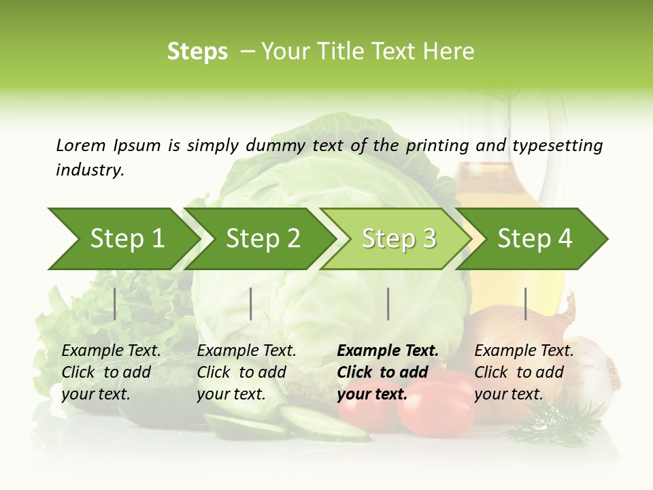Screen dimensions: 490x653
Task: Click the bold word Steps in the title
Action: [197, 51]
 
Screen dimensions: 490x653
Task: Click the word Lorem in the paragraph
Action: [81, 145]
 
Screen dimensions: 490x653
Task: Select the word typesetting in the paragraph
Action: [557, 146]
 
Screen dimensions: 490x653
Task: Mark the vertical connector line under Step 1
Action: [115, 304]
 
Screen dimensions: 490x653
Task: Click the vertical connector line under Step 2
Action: [251, 304]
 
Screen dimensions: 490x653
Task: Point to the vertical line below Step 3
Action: [388, 304]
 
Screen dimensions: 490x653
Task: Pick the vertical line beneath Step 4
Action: [526, 304]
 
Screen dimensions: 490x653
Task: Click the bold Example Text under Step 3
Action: [388, 350]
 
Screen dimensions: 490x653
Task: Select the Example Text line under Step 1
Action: [111, 350]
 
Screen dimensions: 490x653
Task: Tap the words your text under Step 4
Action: [509, 394]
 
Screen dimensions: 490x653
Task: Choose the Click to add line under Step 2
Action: [241, 372]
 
